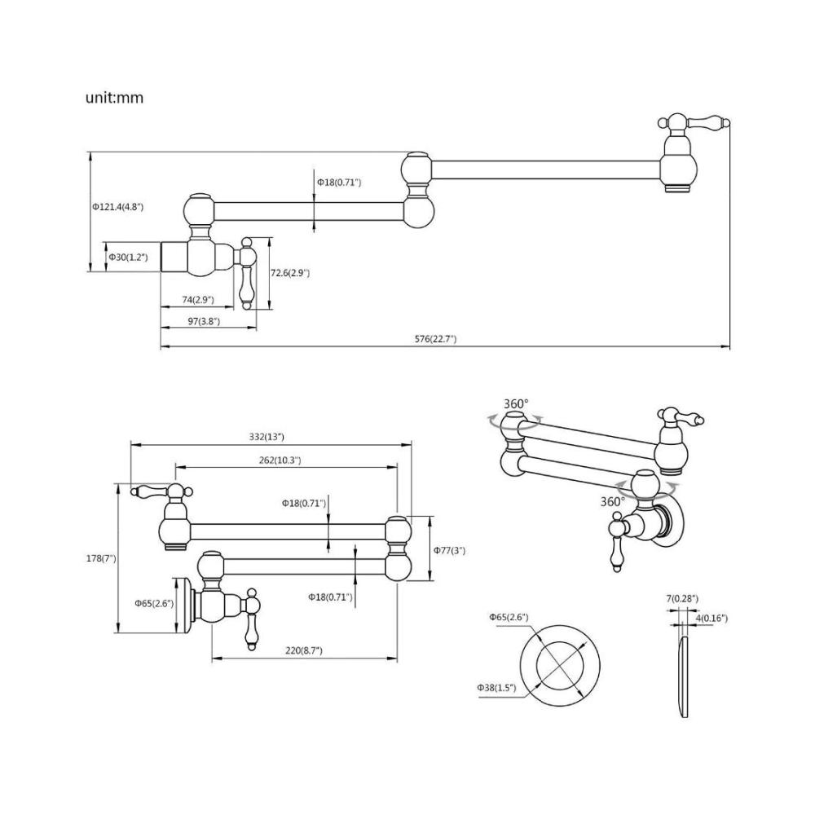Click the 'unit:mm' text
pos(114,98)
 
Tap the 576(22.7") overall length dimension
pos(435,339)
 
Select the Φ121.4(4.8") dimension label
pos(118,207)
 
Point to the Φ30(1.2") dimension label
pos(129,257)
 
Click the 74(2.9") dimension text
pos(198,300)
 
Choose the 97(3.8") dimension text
pos(204,321)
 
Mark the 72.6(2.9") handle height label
pos(290,273)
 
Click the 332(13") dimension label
pos(267,437)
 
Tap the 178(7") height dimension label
pos(101,559)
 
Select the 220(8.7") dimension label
pos(304,650)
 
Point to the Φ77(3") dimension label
pos(450,550)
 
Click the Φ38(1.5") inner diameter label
pos(497,688)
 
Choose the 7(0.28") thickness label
pos(682,599)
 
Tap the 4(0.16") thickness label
pos(711,618)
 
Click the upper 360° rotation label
pos(516,404)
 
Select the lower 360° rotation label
pos(613,501)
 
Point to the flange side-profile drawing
pos(683,676)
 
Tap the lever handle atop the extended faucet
pos(694,123)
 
